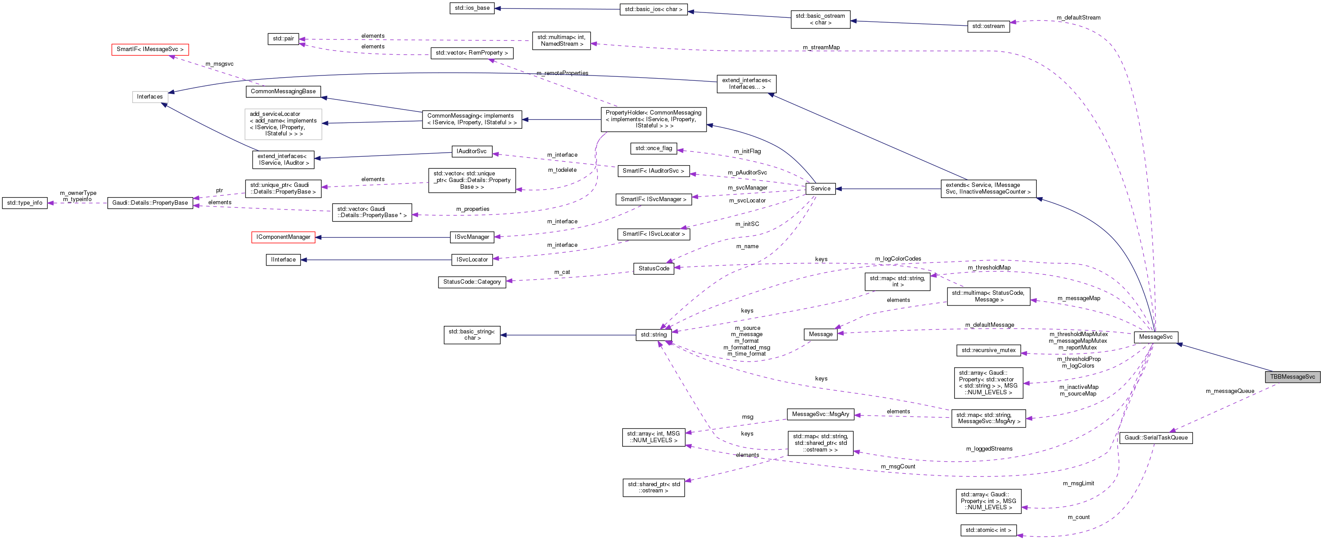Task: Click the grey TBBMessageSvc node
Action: click(1292, 377)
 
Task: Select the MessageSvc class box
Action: click(1156, 337)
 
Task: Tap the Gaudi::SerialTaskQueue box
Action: click(1156, 438)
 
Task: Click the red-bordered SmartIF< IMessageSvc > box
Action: click(150, 49)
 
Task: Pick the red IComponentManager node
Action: click(283, 238)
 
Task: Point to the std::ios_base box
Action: click(471, 8)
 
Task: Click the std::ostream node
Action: click(988, 26)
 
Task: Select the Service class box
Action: click(820, 189)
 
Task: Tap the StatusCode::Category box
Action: click(471, 282)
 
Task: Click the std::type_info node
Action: click(25, 203)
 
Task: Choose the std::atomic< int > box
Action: click(988, 530)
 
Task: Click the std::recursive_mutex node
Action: click(988, 350)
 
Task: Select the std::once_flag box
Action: click(653, 148)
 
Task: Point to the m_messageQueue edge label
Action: click(1229, 392)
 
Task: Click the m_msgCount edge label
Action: click(898, 467)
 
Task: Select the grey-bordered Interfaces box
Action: click(150, 97)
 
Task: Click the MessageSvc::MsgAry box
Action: click(820, 414)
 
